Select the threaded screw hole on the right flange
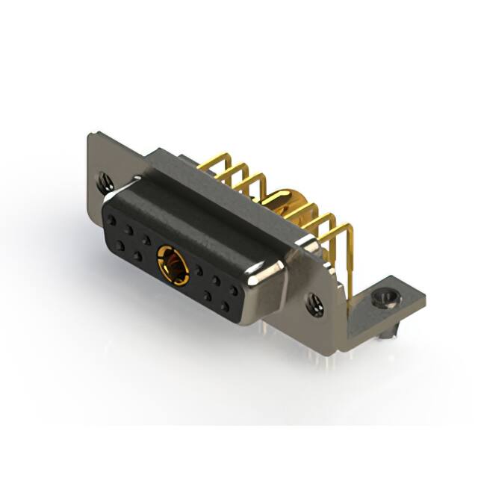[314, 302]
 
